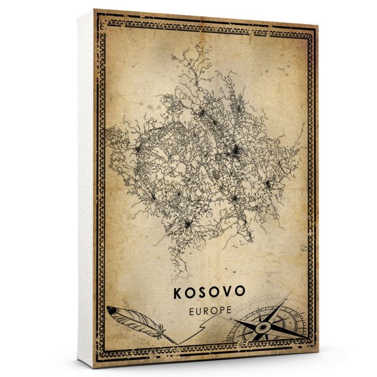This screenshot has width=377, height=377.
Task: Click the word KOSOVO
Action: tap(209, 292)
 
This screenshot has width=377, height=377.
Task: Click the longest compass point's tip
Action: tap(287, 301)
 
